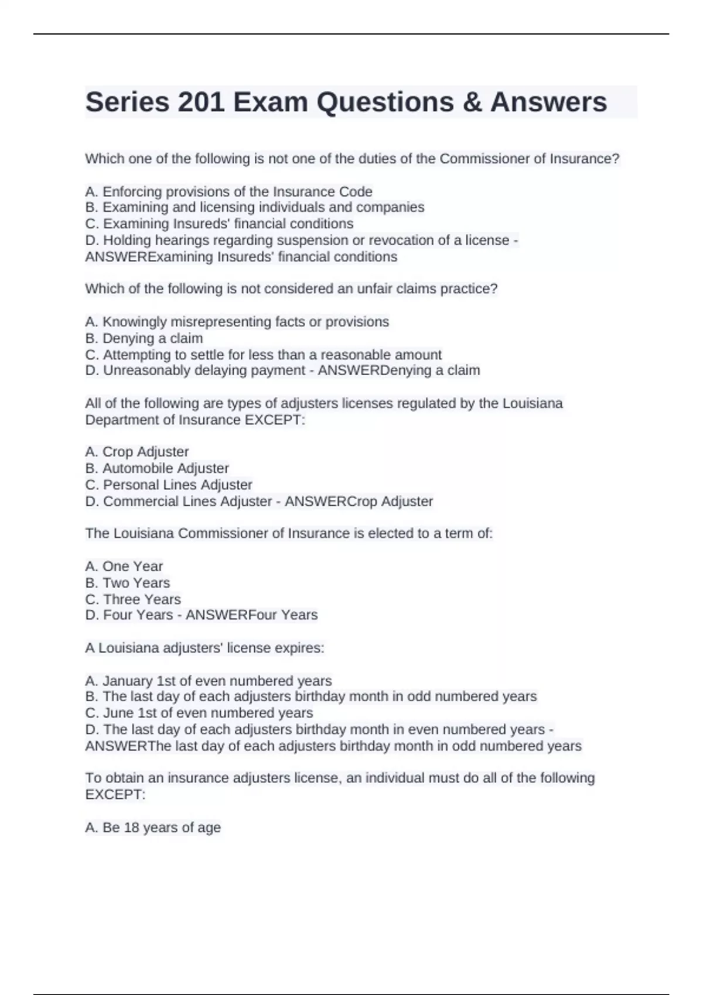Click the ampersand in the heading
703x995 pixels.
472,102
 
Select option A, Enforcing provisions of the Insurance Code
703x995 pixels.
228,191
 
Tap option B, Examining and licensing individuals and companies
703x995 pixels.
255,207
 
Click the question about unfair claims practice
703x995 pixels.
291,289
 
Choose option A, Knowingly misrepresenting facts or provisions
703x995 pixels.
237,321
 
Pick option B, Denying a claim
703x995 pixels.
144,338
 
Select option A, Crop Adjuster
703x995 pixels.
137,452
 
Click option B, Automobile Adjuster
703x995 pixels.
157,468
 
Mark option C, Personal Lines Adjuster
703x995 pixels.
169,485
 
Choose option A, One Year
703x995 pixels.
124,566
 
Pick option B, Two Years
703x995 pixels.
128,583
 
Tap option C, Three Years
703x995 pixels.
133,599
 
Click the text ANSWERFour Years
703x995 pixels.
251,615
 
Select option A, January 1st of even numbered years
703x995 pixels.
209,681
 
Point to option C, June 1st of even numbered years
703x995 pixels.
199,713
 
